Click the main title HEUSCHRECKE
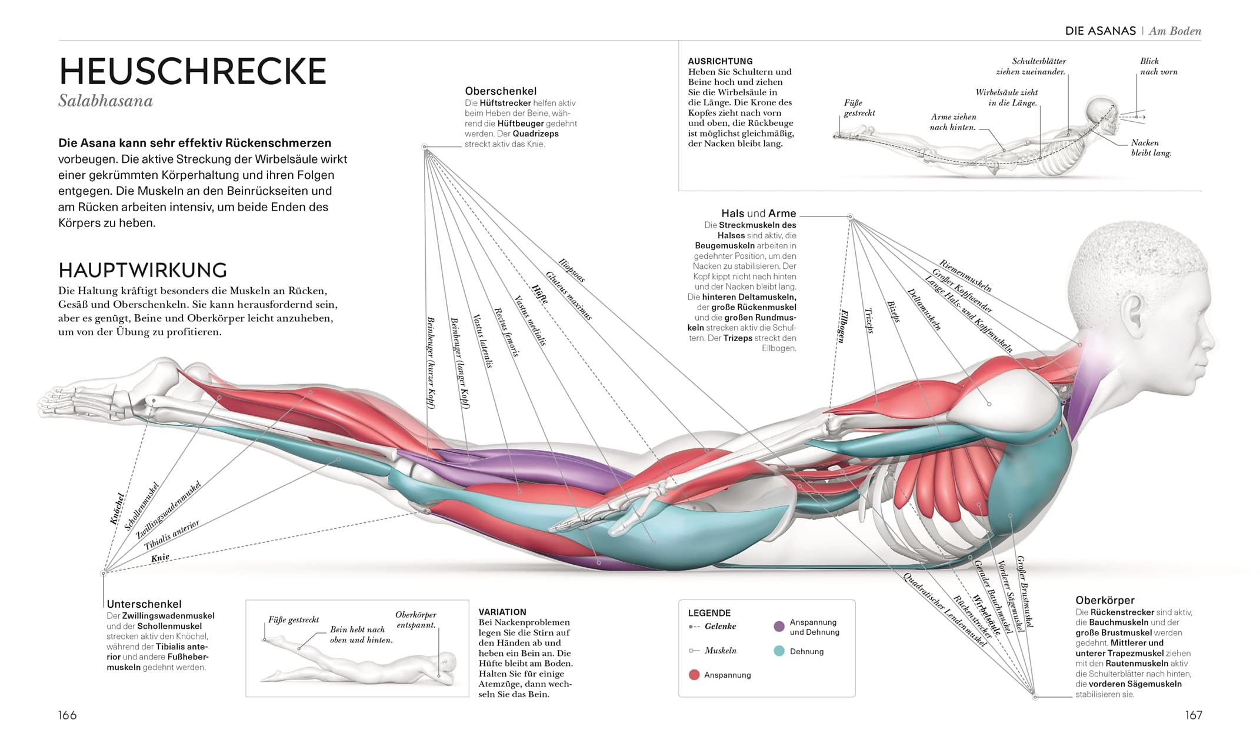point(192,72)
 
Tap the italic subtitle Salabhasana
point(105,101)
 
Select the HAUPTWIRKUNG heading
point(142,270)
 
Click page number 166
point(67,715)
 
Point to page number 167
point(1193,715)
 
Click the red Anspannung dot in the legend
point(694,675)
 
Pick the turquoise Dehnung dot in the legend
point(779,651)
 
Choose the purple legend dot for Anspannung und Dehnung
point(779,627)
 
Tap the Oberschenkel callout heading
point(501,91)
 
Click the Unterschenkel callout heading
point(144,604)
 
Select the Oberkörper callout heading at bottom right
point(1105,601)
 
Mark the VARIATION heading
point(502,612)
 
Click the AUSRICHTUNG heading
point(720,61)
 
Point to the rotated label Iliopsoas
point(571,271)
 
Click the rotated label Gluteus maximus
point(568,295)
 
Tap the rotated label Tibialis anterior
point(172,535)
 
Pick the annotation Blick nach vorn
point(1158,66)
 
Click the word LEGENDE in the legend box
point(709,613)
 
